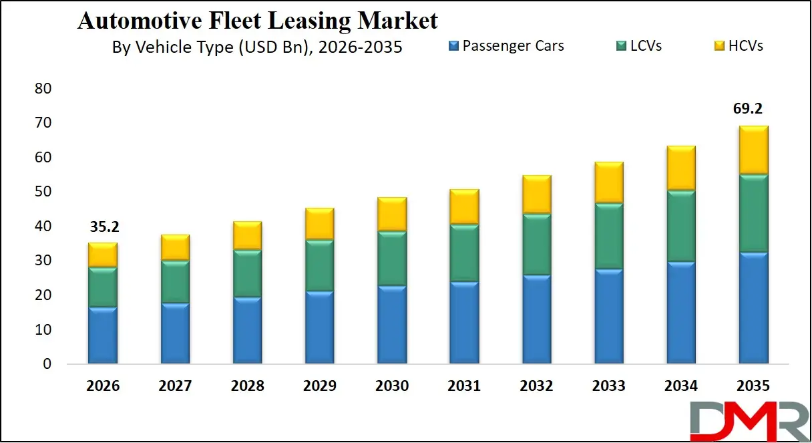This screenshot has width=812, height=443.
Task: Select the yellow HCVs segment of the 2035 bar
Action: [x=753, y=150]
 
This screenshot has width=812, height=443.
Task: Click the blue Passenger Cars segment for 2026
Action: [x=103, y=335]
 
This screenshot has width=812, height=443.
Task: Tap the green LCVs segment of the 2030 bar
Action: [x=392, y=259]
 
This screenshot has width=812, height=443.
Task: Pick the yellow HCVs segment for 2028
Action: [x=248, y=236]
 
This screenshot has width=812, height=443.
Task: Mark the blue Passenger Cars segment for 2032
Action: [x=537, y=319]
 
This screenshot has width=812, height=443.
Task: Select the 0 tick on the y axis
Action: [x=47, y=365]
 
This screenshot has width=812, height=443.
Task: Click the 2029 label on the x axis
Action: [x=320, y=386]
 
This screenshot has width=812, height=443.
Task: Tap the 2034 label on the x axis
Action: [x=681, y=386]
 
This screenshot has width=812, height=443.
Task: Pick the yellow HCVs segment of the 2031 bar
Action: [x=464, y=206]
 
